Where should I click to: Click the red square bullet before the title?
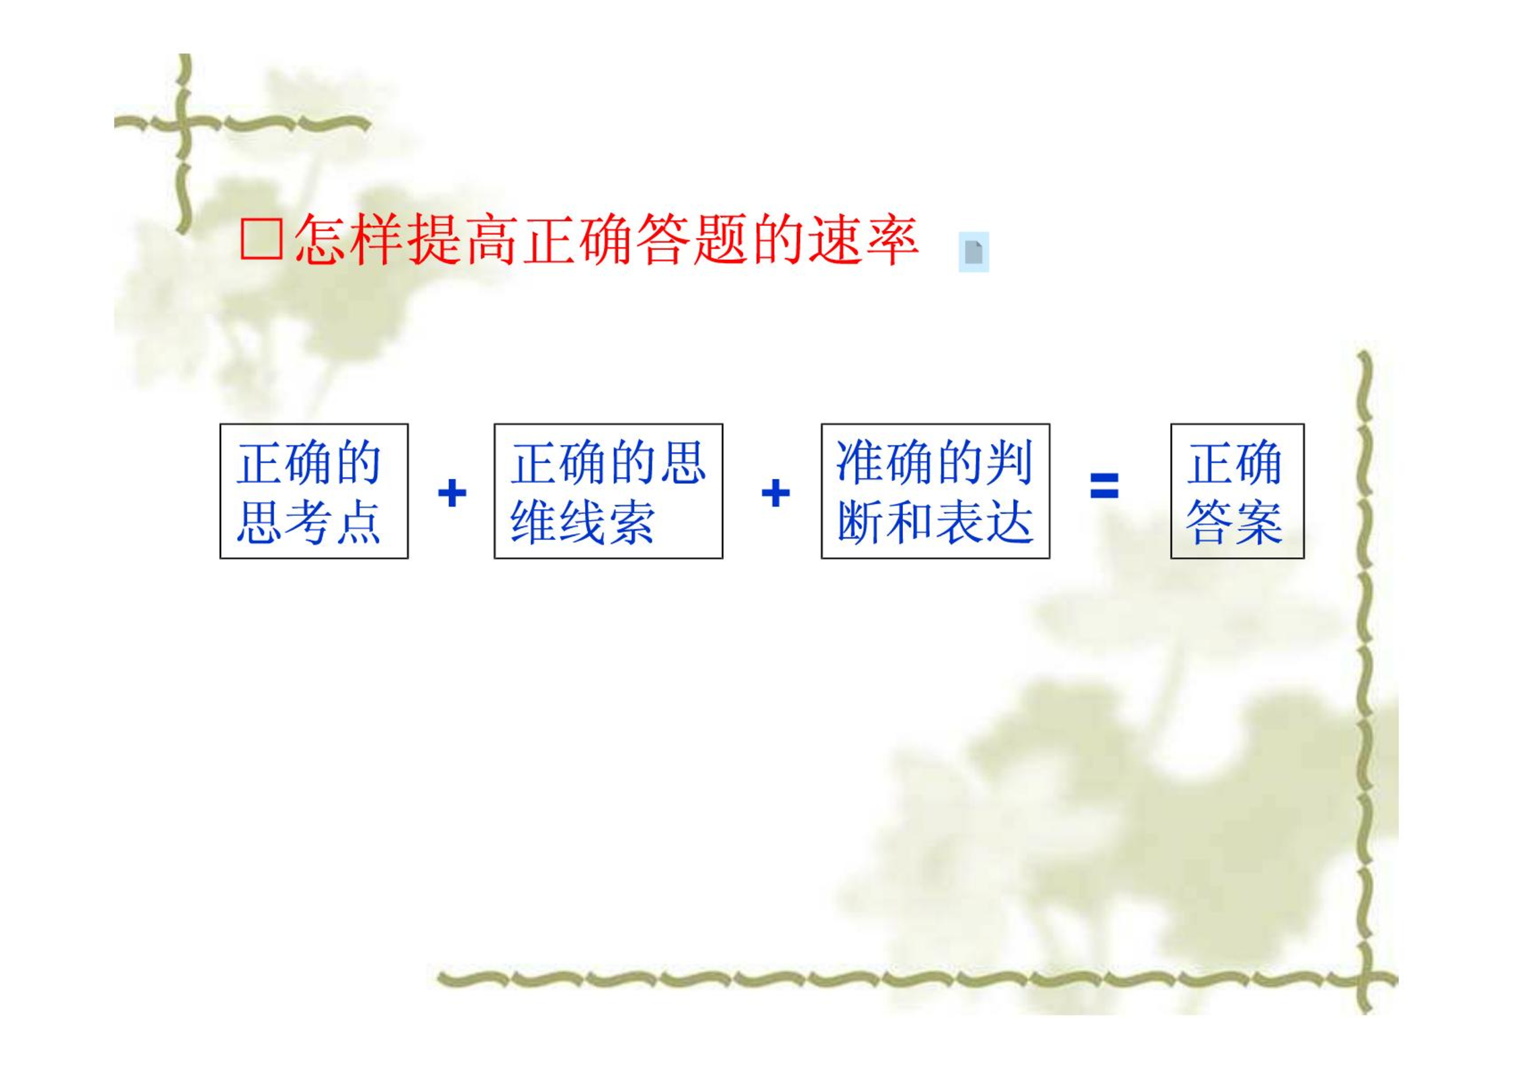tap(261, 239)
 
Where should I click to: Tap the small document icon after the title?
tap(974, 252)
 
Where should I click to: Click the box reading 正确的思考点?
tap(314, 491)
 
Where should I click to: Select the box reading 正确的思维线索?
tap(609, 491)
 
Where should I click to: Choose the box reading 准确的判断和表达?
tap(935, 491)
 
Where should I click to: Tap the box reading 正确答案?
tap(1238, 491)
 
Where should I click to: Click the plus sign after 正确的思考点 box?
tap(452, 492)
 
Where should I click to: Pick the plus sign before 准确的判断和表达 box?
tap(775, 492)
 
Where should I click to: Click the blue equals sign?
tap(1105, 485)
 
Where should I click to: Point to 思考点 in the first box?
tap(309, 522)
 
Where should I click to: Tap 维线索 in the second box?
tap(583, 522)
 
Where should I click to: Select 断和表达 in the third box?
tap(935, 522)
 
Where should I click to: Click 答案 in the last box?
tap(1235, 522)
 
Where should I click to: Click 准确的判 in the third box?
tap(935, 463)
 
